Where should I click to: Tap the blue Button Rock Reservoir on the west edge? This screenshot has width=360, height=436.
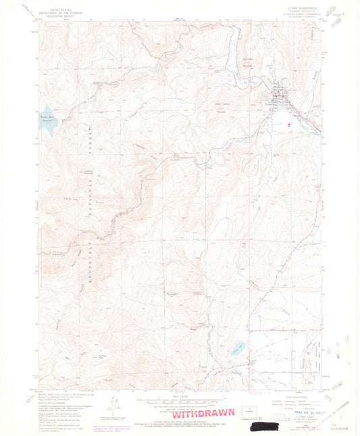[47, 114]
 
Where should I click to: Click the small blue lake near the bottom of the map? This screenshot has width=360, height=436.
[236, 349]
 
